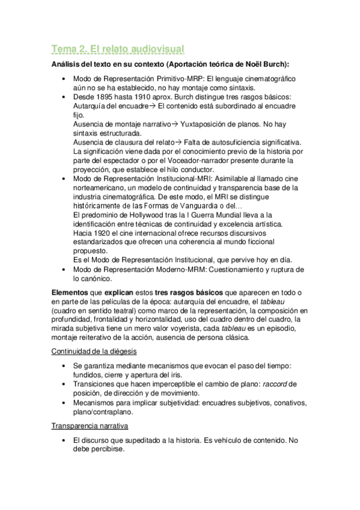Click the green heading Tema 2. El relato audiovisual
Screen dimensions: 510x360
118,48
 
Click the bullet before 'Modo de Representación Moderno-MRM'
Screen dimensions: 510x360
64,269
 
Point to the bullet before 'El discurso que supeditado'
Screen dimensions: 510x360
64,440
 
